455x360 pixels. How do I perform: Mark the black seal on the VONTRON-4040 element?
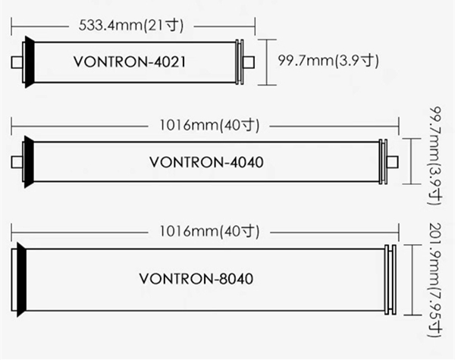point(30,161)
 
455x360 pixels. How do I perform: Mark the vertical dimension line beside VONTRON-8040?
point(413,278)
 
